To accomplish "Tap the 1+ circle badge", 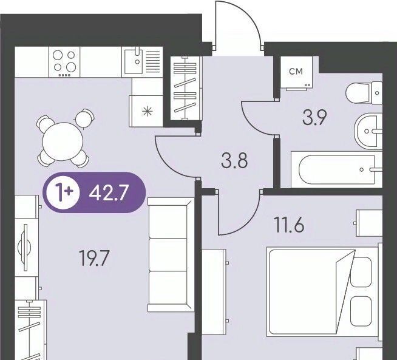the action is click(x=63, y=192).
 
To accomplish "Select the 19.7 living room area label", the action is click(x=94, y=258).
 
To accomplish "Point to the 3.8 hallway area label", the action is click(x=234, y=160).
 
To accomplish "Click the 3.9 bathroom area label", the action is click(x=314, y=117).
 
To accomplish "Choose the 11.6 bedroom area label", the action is click(x=290, y=224).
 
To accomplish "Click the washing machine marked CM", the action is click(x=296, y=73).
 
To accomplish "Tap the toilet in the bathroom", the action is click(x=364, y=93).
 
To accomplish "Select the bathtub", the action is click(x=336, y=169).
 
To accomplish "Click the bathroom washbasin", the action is click(x=368, y=131).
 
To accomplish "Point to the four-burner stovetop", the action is click(x=64, y=62).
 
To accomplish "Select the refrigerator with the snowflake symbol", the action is click(x=146, y=111).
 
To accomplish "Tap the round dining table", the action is click(x=63, y=141).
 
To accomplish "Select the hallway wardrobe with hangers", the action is click(x=186, y=88).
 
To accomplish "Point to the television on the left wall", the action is click(x=24, y=248).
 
